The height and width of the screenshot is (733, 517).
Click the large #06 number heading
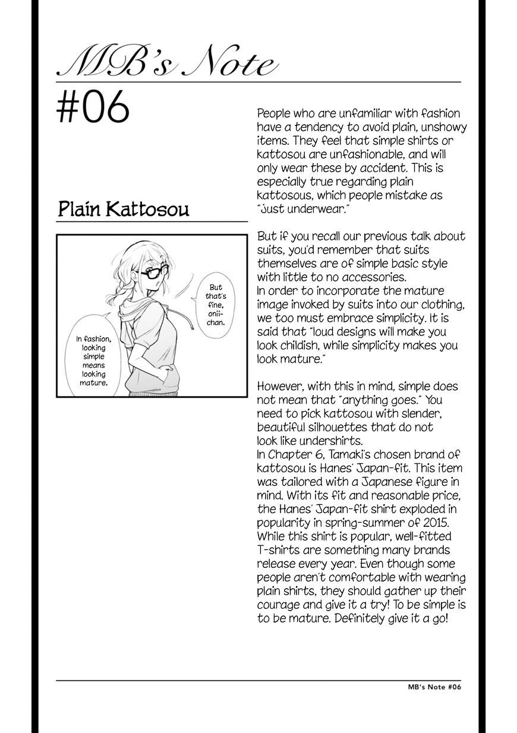(x=93, y=109)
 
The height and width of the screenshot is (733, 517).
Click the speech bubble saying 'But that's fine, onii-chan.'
(x=216, y=305)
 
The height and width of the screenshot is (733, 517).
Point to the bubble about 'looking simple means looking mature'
(x=93, y=361)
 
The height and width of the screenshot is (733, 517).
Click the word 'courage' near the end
(x=280, y=605)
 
